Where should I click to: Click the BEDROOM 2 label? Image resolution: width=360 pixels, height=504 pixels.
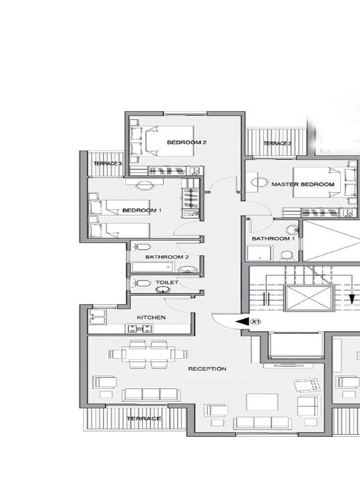[x=186, y=143]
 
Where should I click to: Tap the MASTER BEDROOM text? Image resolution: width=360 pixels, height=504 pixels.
[x=303, y=184]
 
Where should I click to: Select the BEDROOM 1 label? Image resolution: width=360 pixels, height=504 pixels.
[x=142, y=210]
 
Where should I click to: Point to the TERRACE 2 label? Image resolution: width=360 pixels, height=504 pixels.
[x=277, y=143]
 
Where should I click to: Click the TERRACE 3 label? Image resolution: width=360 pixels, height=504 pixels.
[x=108, y=163]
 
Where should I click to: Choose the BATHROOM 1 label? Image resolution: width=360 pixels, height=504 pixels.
[x=273, y=238]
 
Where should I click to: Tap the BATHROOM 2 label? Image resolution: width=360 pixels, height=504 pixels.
[x=167, y=257]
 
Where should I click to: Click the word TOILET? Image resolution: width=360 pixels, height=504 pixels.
[x=167, y=282]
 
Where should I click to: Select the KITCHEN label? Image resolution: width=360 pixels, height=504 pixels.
[x=151, y=318]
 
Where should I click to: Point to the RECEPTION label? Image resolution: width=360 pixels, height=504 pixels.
[x=207, y=369]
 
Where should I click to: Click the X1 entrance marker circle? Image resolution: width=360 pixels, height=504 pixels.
[x=255, y=321]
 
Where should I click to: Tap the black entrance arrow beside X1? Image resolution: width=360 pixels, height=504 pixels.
[x=243, y=321]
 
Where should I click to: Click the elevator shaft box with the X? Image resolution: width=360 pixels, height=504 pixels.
[x=309, y=298]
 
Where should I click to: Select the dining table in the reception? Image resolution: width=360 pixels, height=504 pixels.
[x=148, y=354]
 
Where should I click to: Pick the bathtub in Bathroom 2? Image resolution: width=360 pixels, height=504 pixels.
[x=153, y=267]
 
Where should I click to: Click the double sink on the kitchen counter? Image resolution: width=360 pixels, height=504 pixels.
[x=140, y=328]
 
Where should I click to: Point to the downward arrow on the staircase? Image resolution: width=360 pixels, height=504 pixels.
[x=352, y=290]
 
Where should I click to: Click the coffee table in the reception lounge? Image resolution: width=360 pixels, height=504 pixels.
[x=262, y=402]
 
